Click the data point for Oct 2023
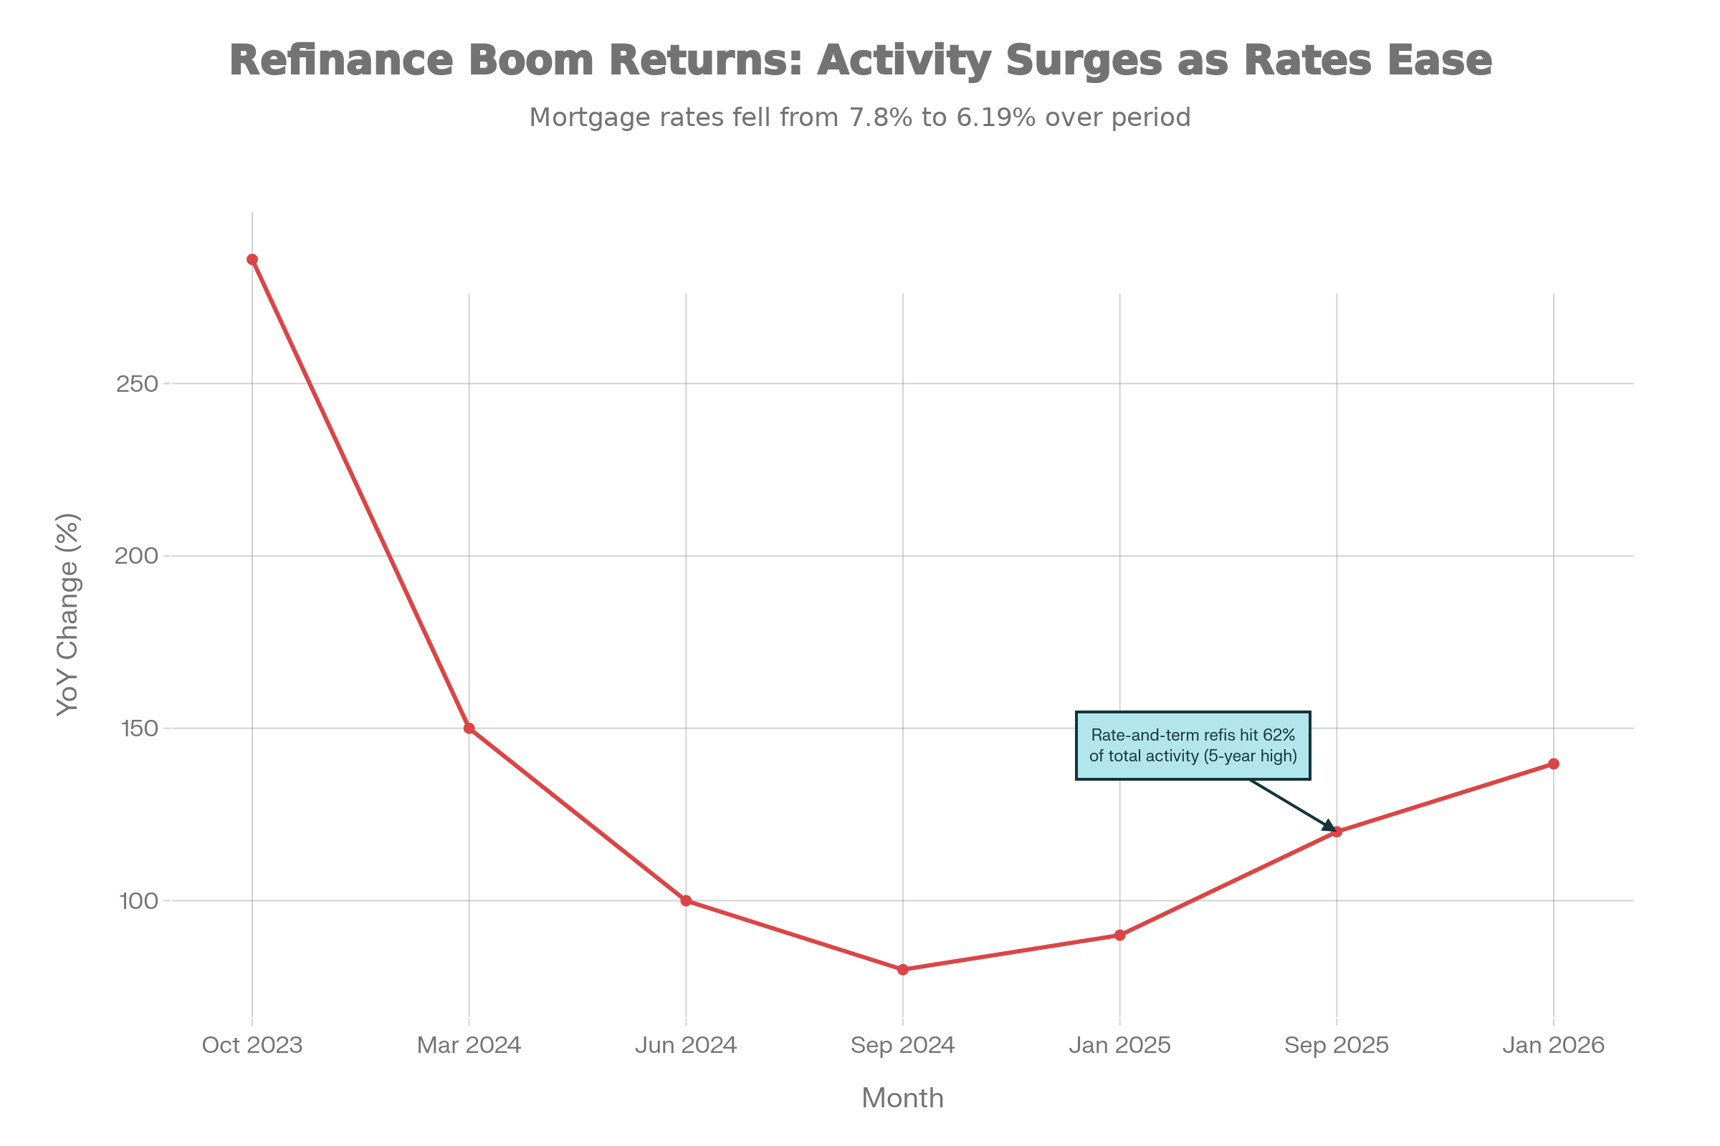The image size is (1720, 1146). point(252,259)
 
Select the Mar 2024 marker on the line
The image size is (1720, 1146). point(469,728)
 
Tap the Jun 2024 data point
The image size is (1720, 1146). point(686,901)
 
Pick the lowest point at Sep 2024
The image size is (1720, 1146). point(903,970)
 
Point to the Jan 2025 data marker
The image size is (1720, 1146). point(1119,935)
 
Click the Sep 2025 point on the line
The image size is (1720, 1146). point(1337,832)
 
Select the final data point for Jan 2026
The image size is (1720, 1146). point(1553,764)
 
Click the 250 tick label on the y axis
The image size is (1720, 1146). point(138,384)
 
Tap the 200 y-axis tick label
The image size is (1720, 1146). point(138,557)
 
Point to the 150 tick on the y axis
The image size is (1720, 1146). point(138,728)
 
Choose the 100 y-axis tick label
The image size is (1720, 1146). point(138,901)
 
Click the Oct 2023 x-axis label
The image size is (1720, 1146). point(252,1045)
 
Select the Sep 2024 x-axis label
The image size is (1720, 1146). point(903,1045)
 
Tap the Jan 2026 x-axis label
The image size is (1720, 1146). point(1553,1045)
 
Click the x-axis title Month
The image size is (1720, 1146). point(903,1099)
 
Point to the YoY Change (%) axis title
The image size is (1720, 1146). point(68,615)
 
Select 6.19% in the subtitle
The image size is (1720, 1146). point(996,117)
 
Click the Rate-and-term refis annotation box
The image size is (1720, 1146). point(1193,746)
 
